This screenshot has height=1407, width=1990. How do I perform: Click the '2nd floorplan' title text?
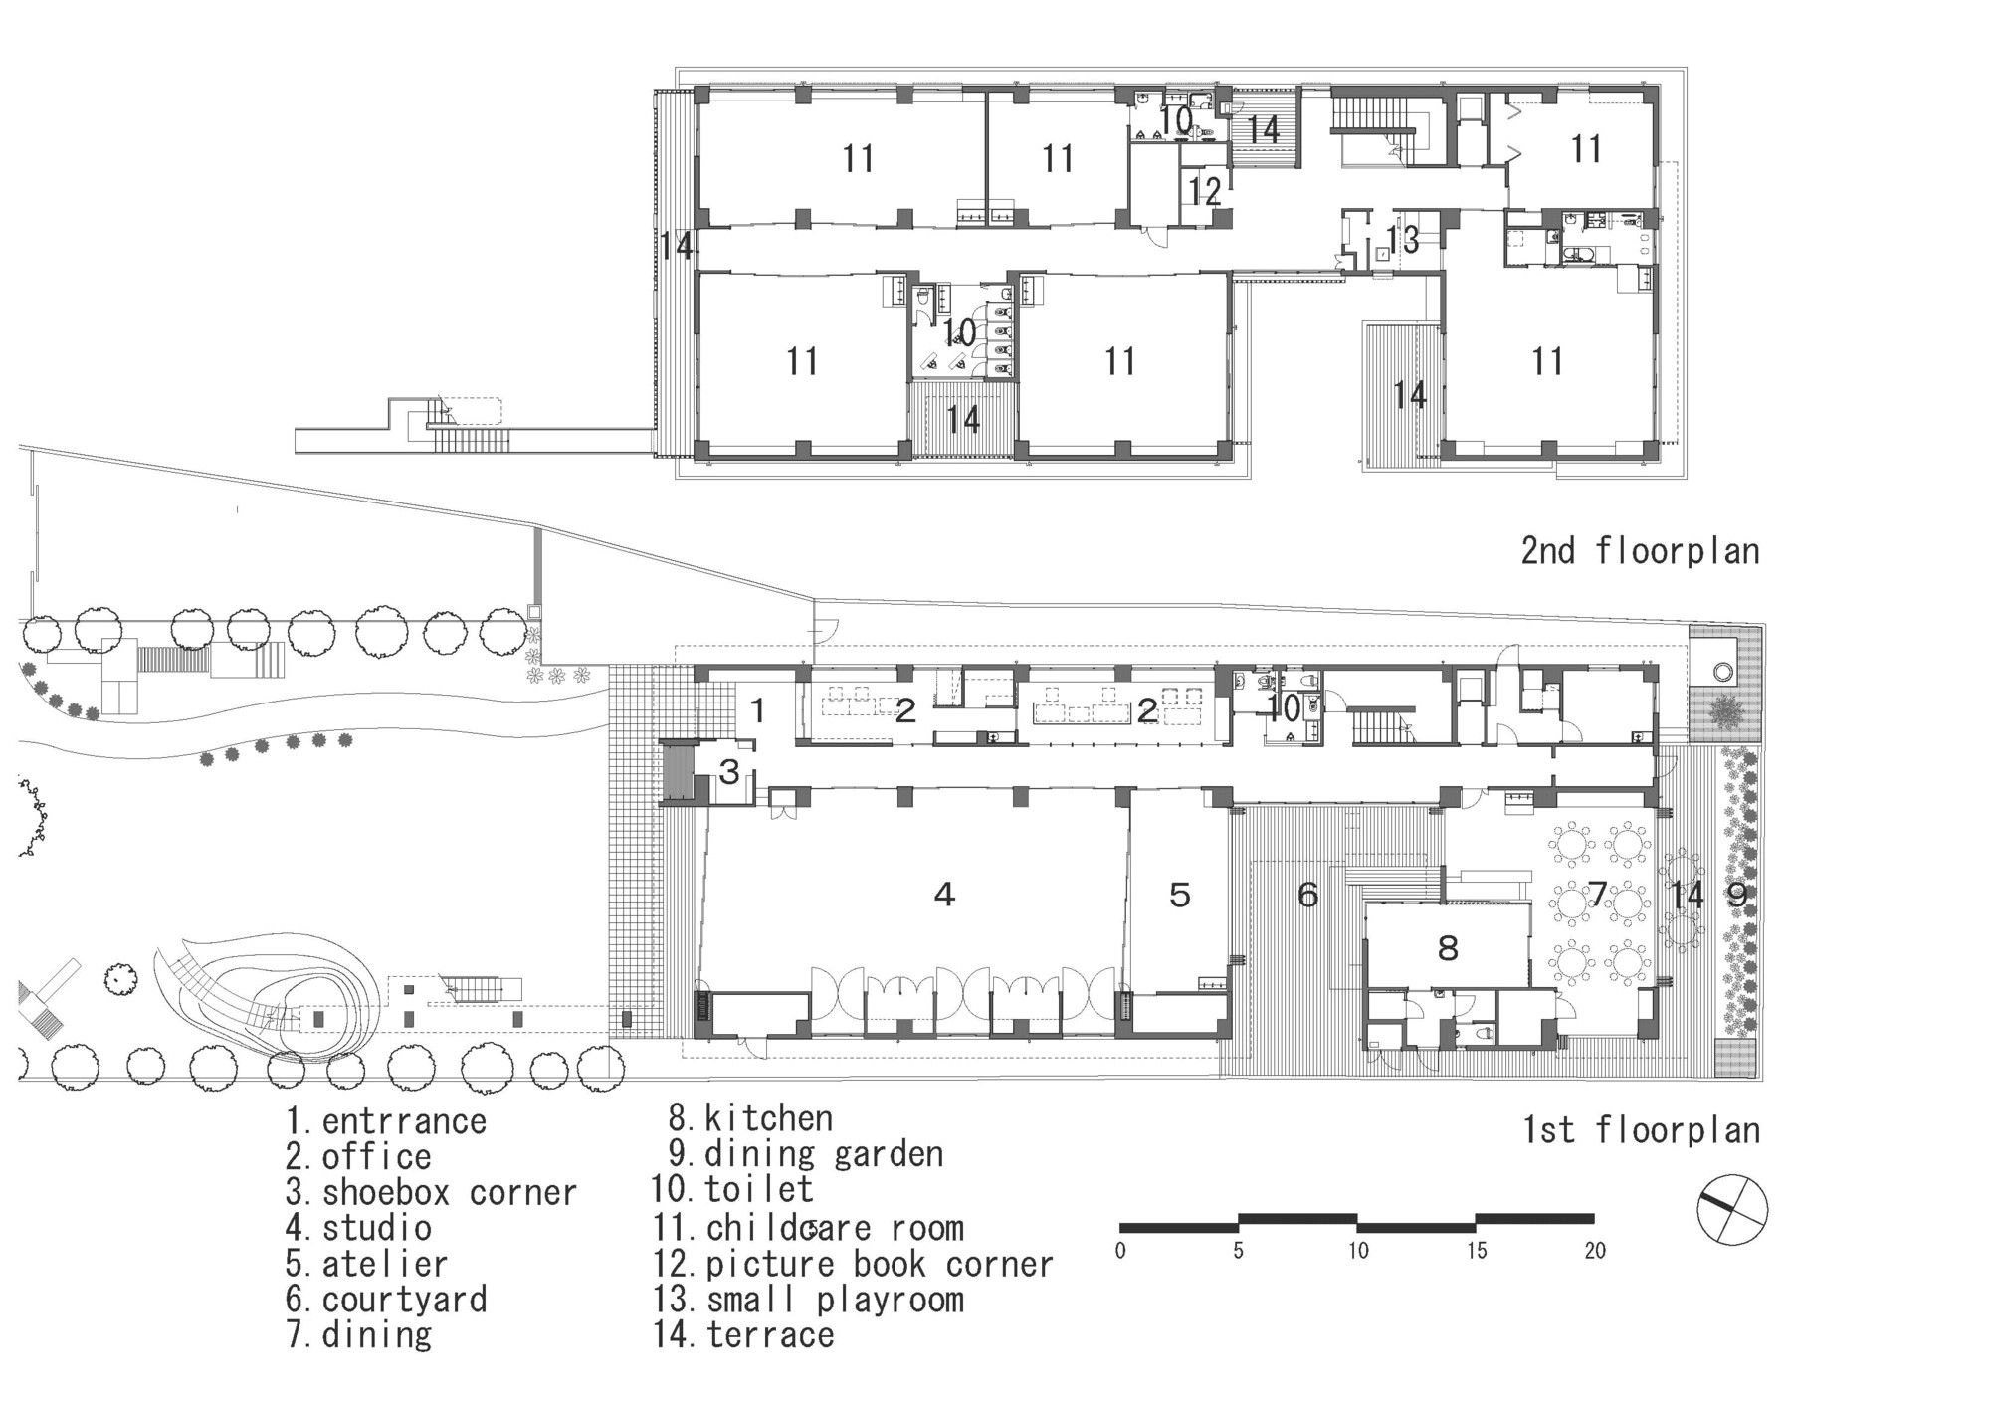point(1639,550)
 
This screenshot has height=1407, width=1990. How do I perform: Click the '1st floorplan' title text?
point(1641,1130)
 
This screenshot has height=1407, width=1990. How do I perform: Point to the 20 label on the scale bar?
point(1594,1251)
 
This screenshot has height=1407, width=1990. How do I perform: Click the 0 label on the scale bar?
point(1120,1251)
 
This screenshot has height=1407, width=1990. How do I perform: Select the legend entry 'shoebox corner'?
point(431,1192)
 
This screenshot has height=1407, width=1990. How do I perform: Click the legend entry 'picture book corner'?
point(854,1264)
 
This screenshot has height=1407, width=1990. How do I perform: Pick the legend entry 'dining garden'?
point(806,1154)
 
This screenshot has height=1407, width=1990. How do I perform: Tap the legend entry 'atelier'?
point(367,1264)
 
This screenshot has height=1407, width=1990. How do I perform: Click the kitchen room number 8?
point(1448,947)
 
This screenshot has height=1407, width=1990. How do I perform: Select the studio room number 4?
point(944,895)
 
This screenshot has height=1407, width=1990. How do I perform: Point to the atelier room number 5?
point(1179,896)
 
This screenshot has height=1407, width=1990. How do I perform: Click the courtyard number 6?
point(1307,896)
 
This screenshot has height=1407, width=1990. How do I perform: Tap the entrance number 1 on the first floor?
point(757,710)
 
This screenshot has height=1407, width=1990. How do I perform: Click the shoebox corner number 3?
point(729,771)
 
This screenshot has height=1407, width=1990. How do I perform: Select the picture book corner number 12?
point(1204,191)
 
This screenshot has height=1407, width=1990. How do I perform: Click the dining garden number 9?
point(1736,896)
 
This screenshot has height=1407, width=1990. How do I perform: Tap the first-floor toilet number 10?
point(1285,708)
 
